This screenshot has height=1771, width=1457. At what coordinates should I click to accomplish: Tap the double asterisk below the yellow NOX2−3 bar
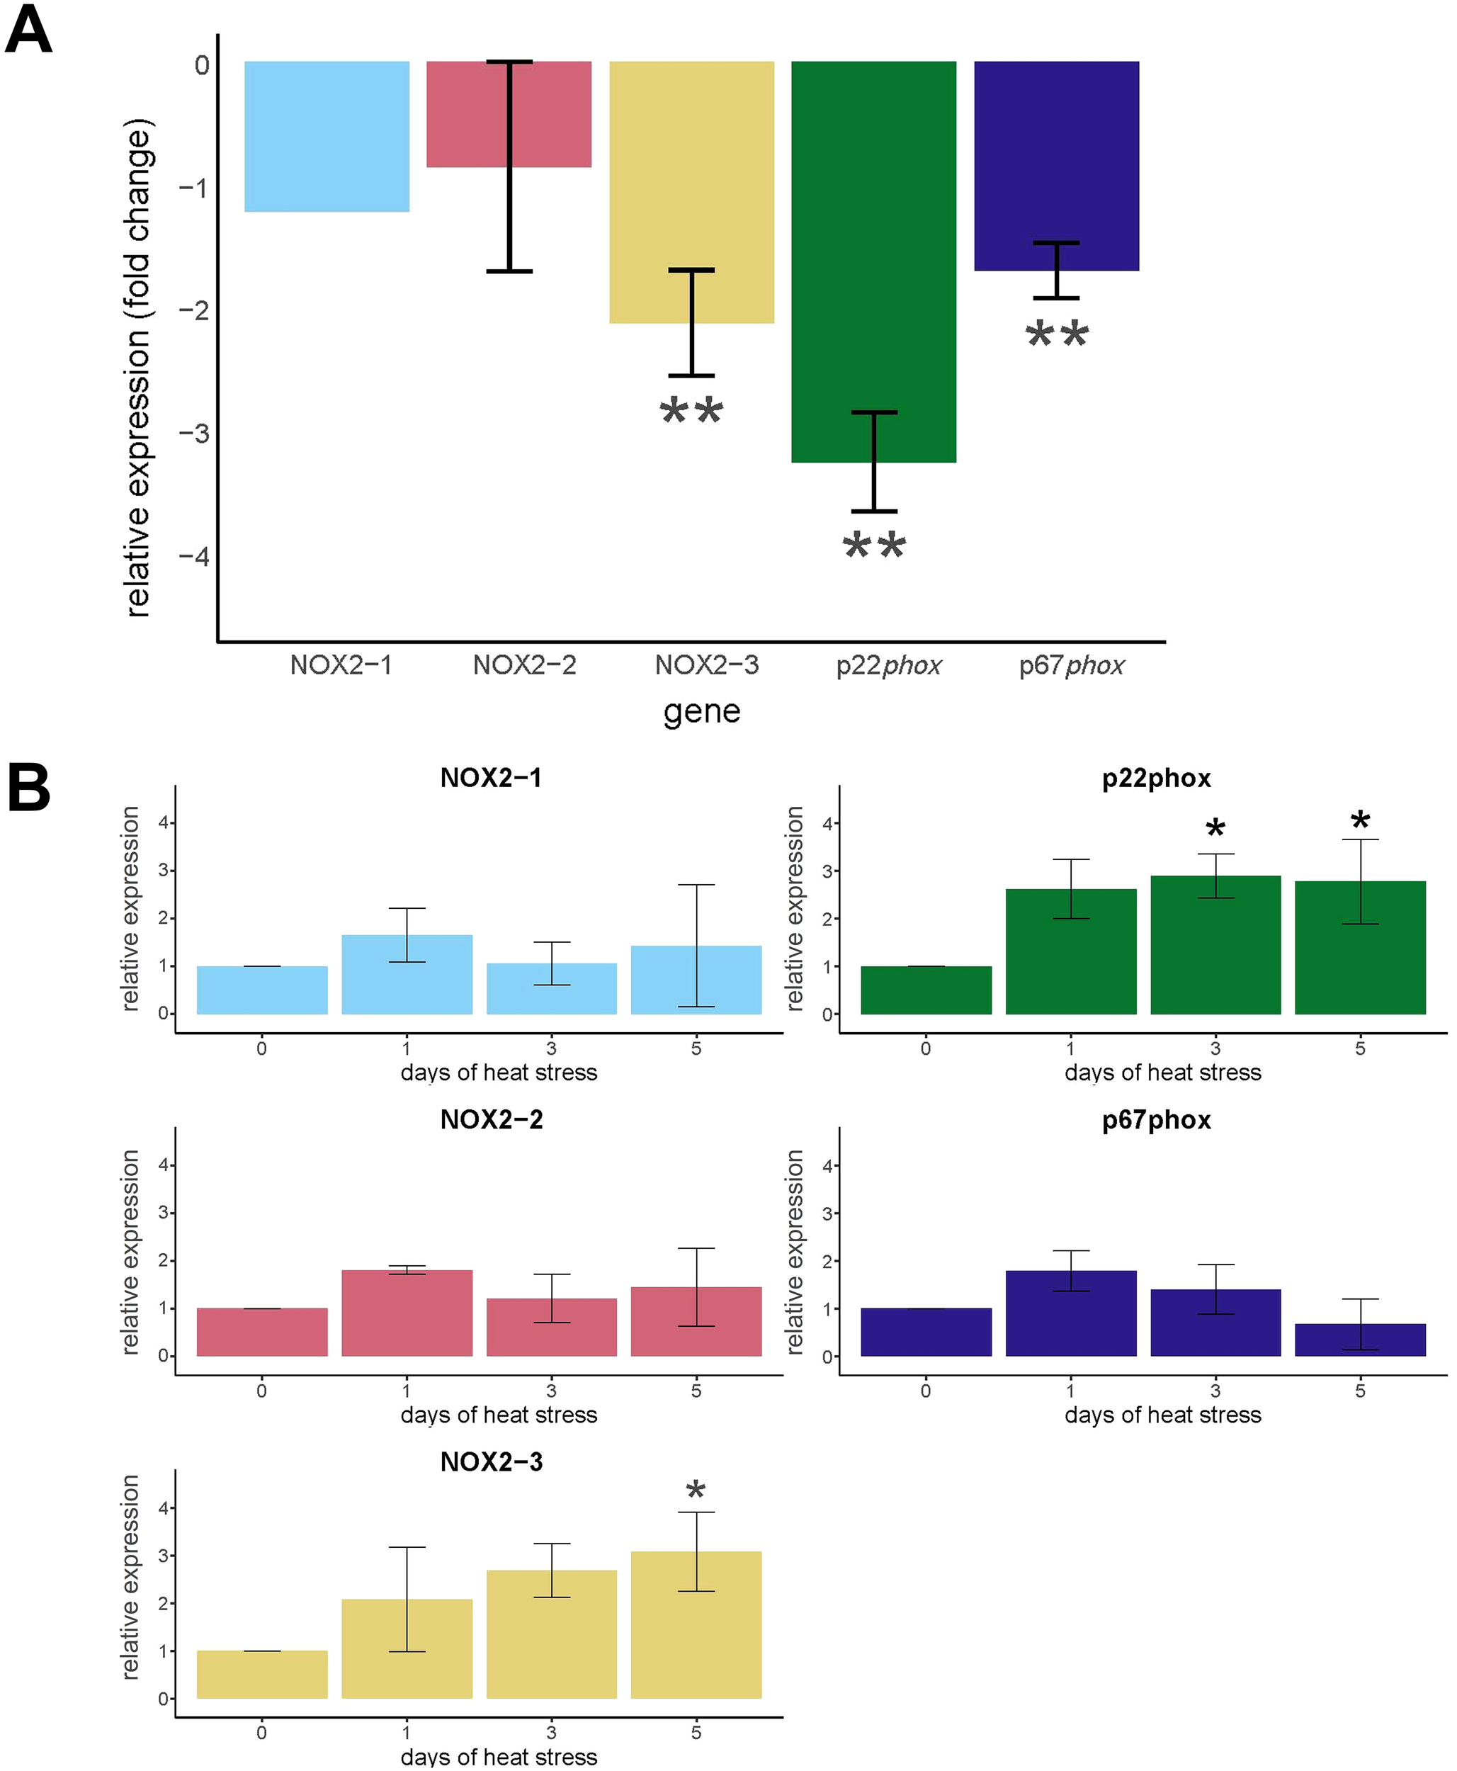tap(691, 412)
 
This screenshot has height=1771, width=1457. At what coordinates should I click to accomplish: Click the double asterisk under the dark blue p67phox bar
tap(1057, 335)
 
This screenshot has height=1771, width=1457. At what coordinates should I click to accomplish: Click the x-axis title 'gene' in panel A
tap(702, 712)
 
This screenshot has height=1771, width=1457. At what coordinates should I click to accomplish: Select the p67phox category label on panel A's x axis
tap(1071, 666)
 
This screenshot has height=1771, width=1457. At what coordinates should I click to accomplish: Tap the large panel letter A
tap(28, 32)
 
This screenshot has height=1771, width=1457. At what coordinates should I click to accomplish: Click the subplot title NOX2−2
tap(491, 1120)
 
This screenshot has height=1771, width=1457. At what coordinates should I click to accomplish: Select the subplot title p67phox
tap(1156, 1120)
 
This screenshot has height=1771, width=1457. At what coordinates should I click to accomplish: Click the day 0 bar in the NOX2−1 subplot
tap(262, 990)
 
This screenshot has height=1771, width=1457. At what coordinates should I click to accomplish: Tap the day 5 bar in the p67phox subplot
tap(1360, 1340)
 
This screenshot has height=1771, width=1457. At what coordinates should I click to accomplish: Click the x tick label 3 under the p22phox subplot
tap(1215, 1048)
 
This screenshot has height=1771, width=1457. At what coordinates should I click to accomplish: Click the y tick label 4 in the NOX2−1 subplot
tap(163, 822)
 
